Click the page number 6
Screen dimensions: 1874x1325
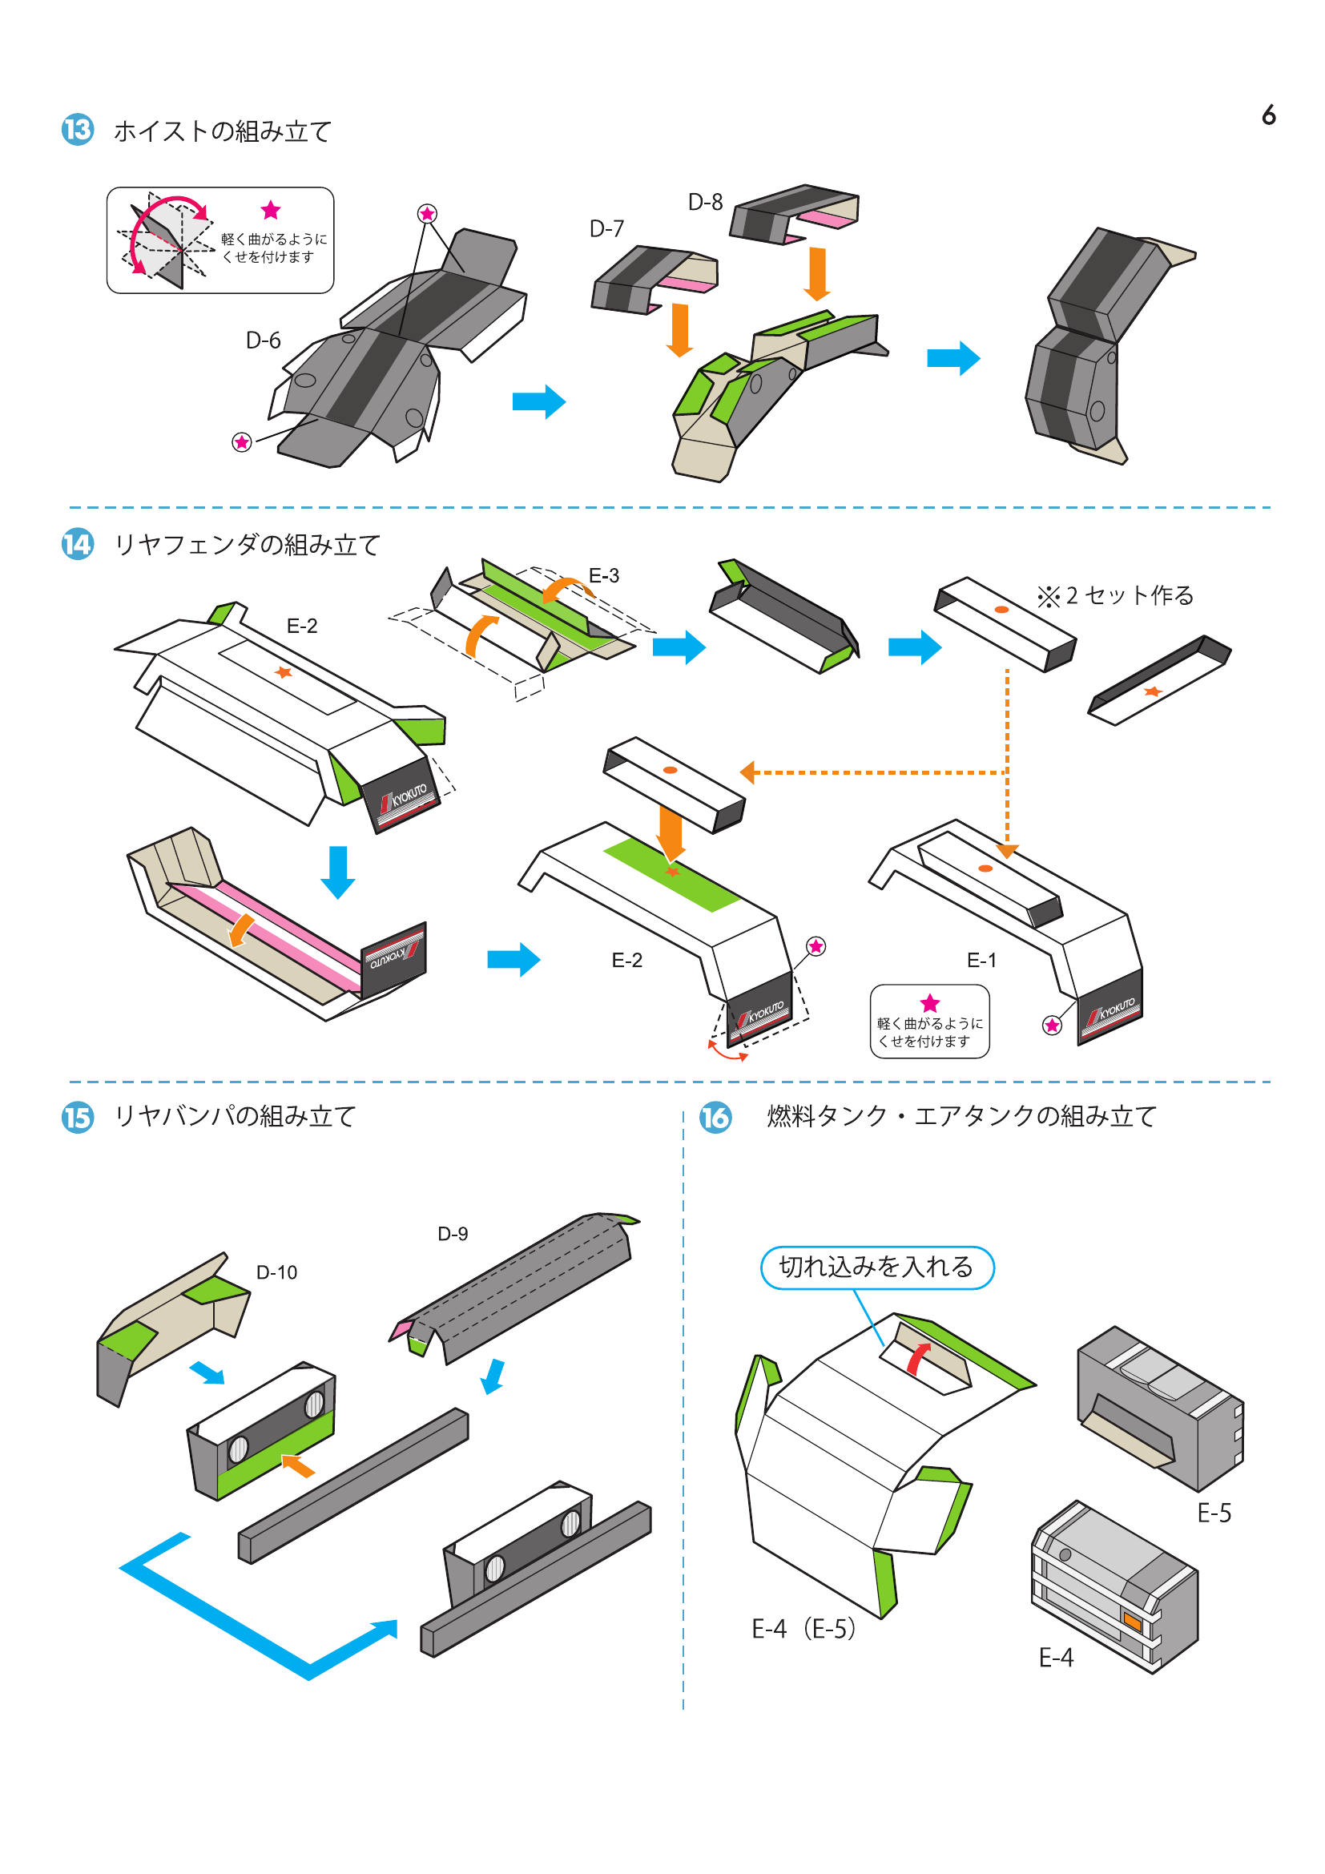[1268, 115]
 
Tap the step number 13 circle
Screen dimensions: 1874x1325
[78, 130]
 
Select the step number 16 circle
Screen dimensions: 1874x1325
[715, 1117]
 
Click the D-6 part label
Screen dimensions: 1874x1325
[263, 341]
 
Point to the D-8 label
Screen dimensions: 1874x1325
[705, 202]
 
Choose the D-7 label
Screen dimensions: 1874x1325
[606, 228]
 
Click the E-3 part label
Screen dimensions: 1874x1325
[604, 575]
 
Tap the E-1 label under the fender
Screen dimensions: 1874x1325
[981, 960]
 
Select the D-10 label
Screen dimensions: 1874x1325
[276, 1271]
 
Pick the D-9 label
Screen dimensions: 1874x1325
[453, 1233]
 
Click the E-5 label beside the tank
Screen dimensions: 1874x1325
[1214, 1513]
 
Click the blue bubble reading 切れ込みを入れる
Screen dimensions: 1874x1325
[877, 1267]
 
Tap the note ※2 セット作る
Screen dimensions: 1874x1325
[1115, 596]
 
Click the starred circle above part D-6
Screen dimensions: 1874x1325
[427, 214]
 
